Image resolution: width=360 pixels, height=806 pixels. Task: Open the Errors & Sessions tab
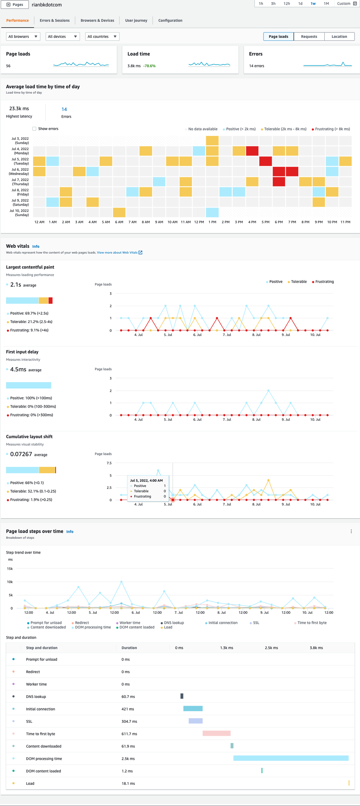point(55,21)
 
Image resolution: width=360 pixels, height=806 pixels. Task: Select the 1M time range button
point(326,4)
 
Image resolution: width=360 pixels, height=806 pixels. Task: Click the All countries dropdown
point(102,36)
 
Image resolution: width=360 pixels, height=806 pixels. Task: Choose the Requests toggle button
point(309,36)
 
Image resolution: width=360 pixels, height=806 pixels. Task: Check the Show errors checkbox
point(35,129)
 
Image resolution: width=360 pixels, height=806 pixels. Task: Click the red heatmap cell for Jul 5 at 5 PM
point(266,161)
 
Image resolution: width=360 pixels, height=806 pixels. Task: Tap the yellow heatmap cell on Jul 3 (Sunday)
point(212,140)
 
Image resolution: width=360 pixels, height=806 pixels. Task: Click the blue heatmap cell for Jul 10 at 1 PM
point(212,212)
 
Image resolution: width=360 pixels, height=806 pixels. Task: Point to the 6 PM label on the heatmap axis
point(279,222)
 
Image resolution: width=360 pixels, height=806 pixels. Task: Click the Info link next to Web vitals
point(36,246)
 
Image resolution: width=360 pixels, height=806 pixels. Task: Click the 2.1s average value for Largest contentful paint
point(16,285)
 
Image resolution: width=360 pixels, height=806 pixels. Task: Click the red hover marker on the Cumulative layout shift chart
point(173,500)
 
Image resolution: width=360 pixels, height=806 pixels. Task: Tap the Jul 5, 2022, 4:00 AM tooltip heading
point(146,480)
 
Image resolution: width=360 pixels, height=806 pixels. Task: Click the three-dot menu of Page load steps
point(351,531)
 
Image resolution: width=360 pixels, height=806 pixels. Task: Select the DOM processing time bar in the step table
point(291,758)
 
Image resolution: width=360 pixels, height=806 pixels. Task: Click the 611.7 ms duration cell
point(129,734)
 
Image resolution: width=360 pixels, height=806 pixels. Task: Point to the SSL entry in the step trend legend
point(256,623)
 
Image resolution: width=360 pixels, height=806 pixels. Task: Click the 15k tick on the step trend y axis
point(10,569)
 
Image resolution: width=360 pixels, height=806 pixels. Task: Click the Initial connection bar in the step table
point(193,708)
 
